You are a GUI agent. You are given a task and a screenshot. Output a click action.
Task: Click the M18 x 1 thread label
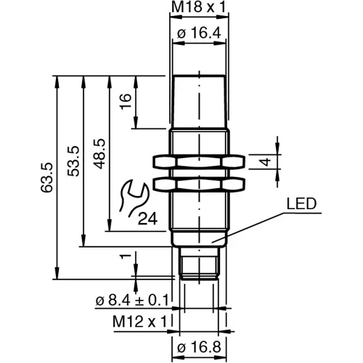[198, 8]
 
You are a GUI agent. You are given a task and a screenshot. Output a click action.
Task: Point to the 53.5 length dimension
[73, 161]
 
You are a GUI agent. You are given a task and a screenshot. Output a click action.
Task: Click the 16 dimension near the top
[125, 101]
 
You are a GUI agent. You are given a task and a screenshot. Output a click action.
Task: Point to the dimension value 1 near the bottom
[125, 256]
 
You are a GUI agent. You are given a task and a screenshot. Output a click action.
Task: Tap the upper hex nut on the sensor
[198, 160]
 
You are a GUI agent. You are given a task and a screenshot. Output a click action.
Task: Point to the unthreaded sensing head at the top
[198, 102]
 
